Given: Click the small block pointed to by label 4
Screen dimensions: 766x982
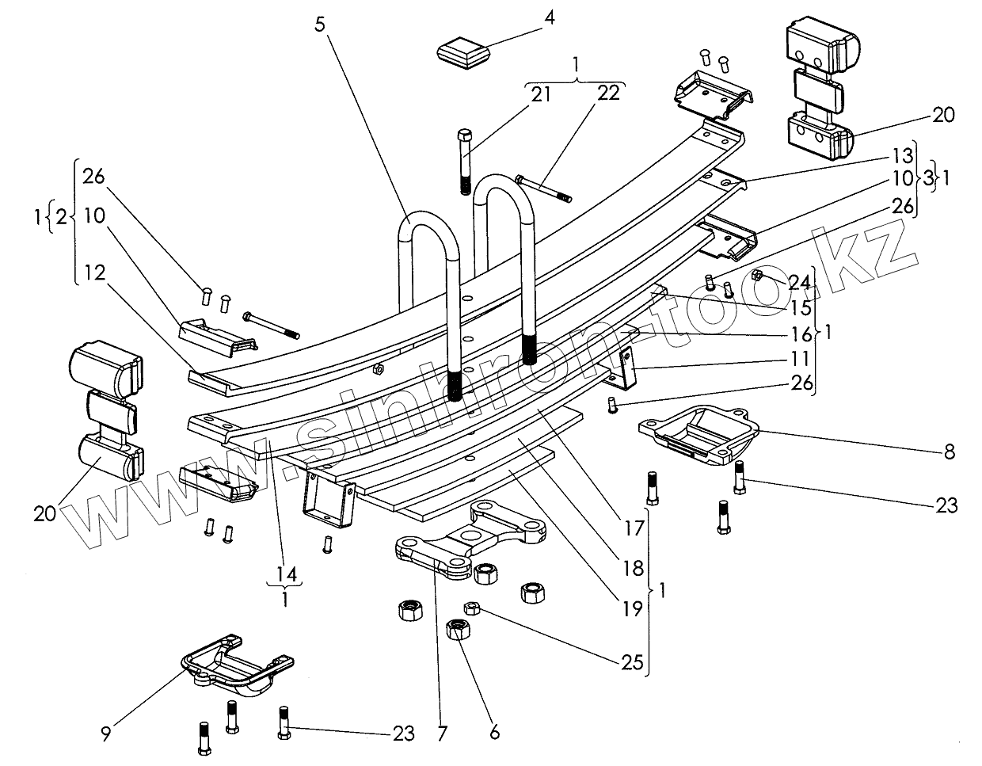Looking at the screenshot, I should (463, 54).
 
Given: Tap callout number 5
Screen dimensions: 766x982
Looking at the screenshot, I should (319, 24).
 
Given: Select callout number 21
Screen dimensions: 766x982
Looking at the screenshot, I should (541, 95).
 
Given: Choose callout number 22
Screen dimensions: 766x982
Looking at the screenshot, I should (608, 95).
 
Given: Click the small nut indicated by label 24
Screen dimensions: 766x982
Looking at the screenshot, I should (756, 275).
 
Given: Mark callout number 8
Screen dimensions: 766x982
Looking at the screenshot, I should (949, 452).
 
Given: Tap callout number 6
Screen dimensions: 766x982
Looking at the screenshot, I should (495, 733).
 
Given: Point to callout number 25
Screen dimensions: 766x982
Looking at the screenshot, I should (632, 661).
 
